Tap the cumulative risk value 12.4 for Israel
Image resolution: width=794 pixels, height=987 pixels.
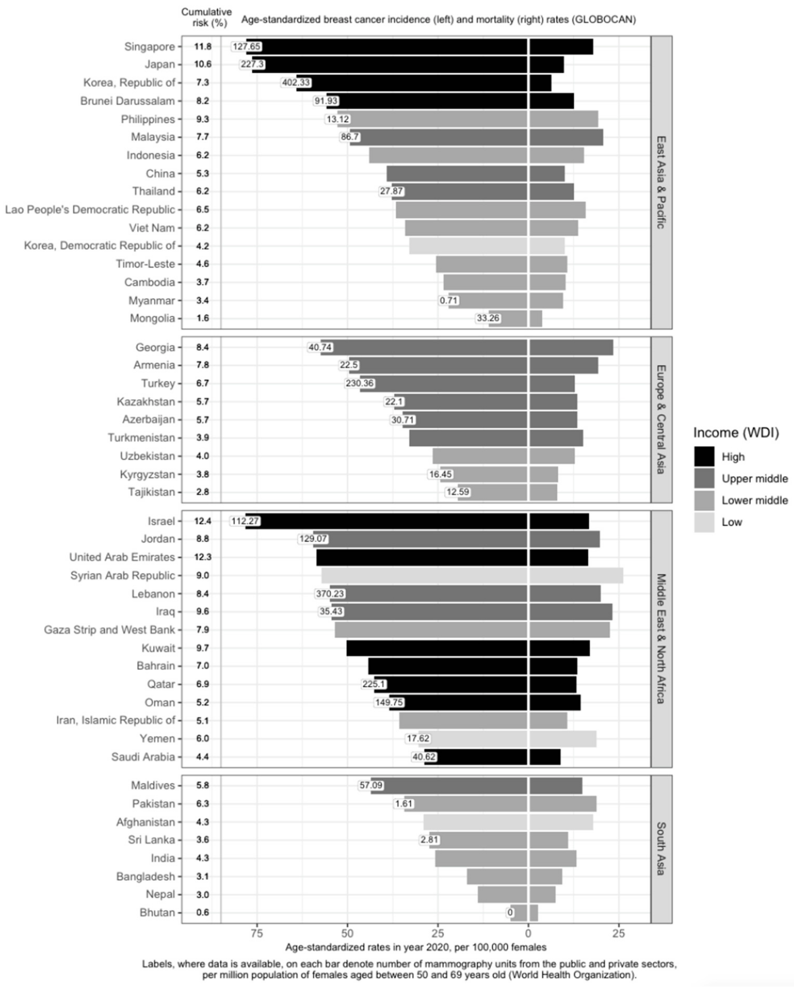click(202, 521)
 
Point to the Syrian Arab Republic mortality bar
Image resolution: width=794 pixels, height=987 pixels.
click(576, 575)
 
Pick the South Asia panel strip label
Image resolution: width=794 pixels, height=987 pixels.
click(661, 849)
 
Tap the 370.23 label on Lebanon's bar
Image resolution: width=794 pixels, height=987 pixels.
click(330, 594)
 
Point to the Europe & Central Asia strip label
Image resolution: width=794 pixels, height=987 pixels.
click(661, 419)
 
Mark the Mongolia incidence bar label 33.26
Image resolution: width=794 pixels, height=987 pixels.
click(488, 318)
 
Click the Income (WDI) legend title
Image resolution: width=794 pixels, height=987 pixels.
click(735, 433)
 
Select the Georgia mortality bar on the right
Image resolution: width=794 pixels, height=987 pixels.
click(571, 347)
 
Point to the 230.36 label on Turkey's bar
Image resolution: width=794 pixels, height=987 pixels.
click(360, 383)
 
